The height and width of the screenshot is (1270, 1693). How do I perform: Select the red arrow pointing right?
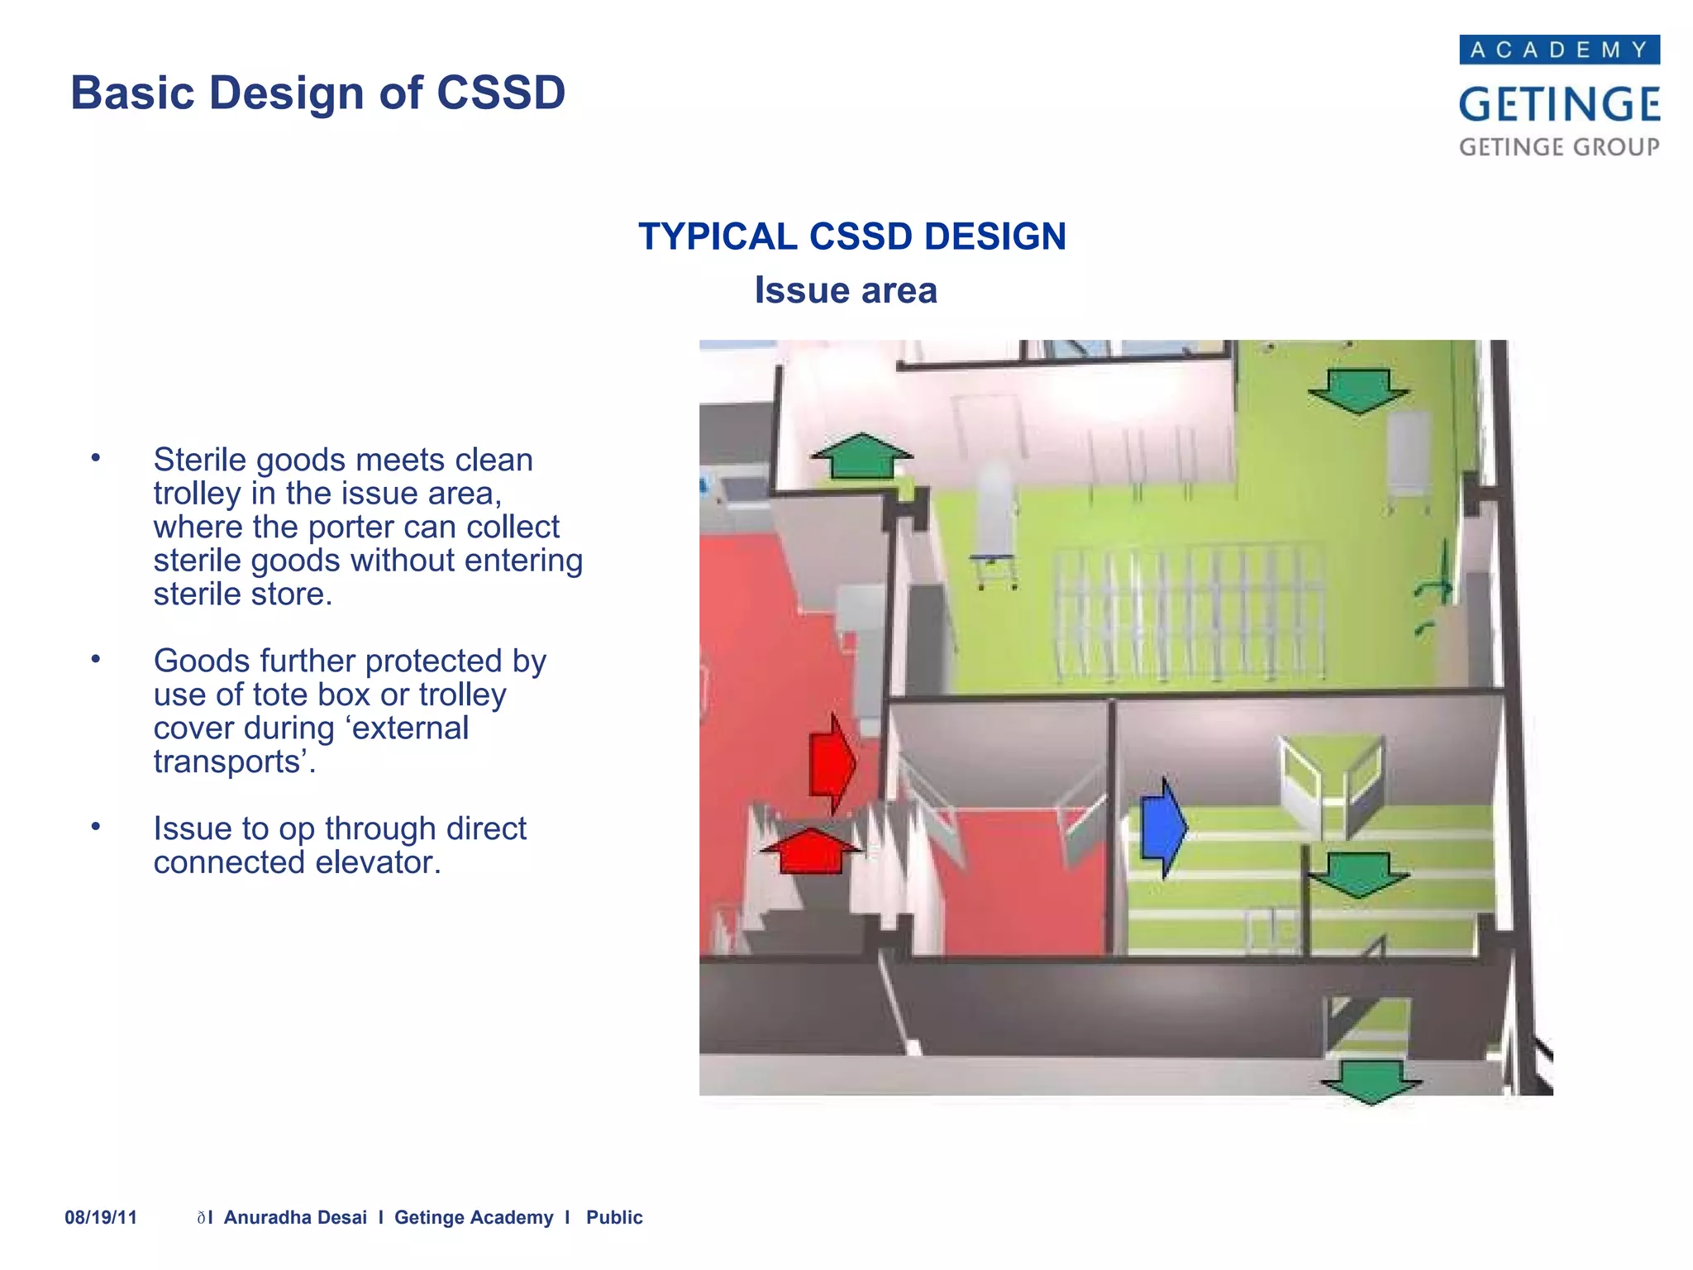coord(831,762)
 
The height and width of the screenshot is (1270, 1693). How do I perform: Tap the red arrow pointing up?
coord(811,851)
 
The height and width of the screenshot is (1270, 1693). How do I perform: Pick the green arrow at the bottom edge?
coord(1371,1081)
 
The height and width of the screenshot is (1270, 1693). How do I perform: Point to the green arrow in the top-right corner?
coord(1358,390)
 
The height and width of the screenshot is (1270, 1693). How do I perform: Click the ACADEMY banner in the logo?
coord(1559,50)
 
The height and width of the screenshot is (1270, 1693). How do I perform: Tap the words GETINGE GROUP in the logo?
coord(1559,147)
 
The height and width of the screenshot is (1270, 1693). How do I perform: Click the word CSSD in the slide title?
coord(500,93)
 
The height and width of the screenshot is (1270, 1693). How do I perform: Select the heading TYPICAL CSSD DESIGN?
coord(851,236)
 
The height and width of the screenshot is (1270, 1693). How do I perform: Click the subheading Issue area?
coord(846,290)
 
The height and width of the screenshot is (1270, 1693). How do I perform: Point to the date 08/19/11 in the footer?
coord(101,1217)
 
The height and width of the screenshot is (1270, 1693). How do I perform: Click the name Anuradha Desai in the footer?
coord(295,1217)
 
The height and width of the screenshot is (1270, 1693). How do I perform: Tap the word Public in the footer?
coord(614,1217)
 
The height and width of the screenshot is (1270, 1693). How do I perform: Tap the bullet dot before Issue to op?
coord(96,826)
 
